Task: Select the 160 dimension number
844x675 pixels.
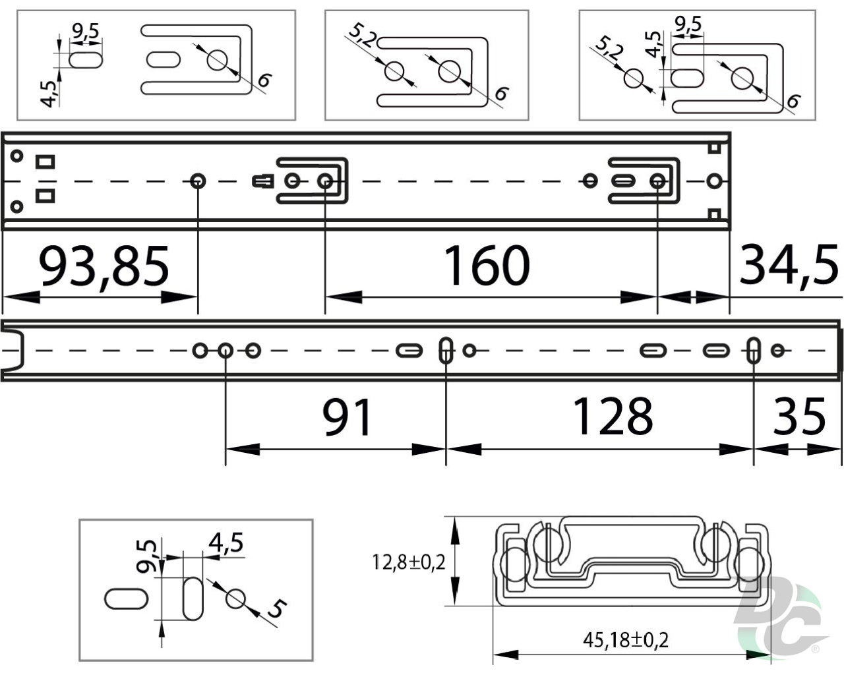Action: point(487,265)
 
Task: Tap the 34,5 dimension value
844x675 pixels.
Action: point(789,266)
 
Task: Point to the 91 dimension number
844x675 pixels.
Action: point(347,417)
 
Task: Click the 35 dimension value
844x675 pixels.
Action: point(799,416)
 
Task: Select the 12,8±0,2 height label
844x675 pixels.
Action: point(409,562)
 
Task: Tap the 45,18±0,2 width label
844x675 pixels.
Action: point(626,641)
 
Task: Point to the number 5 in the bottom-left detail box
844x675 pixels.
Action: point(278,608)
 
